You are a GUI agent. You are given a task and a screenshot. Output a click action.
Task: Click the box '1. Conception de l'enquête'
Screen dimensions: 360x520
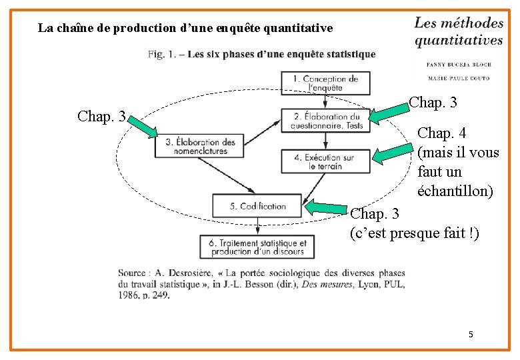(x=325, y=83)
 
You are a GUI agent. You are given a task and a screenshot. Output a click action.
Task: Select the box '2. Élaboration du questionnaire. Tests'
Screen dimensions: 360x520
(x=325, y=121)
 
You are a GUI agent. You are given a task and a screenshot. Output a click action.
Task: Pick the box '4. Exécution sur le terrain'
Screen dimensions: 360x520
(x=325, y=162)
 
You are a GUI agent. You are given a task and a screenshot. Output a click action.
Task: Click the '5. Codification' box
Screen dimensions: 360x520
(x=257, y=206)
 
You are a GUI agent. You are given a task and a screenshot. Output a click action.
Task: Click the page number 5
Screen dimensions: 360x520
(x=471, y=333)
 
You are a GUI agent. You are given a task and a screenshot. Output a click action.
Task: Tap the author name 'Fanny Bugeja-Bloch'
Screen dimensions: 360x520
(x=458, y=65)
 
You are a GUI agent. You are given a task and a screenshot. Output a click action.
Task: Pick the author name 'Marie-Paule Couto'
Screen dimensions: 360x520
(x=458, y=78)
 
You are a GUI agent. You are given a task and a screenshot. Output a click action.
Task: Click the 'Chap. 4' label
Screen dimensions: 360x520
(x=441, y=133)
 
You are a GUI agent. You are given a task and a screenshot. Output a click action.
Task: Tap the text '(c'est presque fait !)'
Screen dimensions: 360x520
(x=414, y=233)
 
